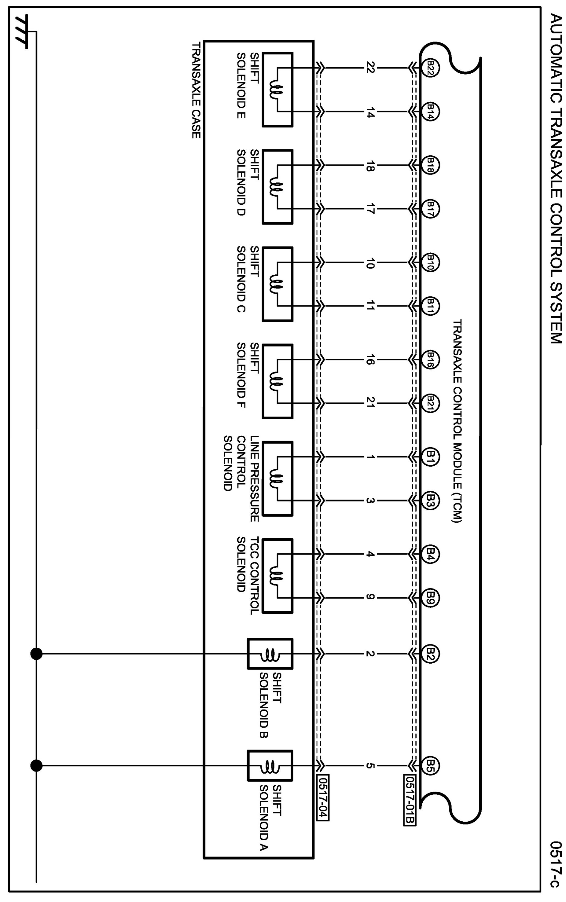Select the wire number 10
369,263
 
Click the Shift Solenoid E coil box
277,90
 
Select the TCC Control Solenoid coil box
277,576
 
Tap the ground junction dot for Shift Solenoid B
36,654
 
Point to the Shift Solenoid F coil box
277,381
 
